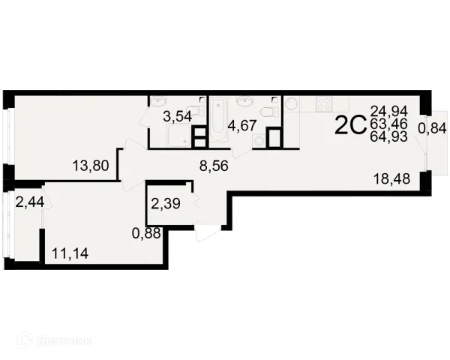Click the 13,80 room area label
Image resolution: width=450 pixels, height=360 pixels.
(91, 166)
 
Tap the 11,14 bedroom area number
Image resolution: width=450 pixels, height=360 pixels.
(70, 253)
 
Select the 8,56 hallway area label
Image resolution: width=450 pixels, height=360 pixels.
(214, 166)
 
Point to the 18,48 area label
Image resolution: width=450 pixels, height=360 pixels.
(392, 178)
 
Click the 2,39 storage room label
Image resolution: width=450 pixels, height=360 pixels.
(166, 203)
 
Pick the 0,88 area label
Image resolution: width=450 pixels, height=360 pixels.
(146, 233)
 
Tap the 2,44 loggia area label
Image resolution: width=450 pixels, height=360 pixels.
(30, 202)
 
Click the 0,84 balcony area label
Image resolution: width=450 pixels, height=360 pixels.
(432, 128)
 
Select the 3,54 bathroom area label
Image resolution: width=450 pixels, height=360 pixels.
(177, 117)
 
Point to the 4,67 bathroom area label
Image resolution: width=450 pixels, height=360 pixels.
(242, 126)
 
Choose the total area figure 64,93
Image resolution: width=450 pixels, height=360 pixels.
(389, 136)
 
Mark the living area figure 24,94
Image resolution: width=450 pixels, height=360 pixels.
(389, 111)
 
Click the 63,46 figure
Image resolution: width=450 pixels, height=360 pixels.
(389, 124)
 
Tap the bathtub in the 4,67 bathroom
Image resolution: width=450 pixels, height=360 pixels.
(218, 118)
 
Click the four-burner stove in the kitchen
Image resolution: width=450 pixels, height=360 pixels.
(324, 104)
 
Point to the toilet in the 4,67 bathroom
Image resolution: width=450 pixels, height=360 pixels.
(270, 111)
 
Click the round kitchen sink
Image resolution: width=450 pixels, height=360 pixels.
(292, 103)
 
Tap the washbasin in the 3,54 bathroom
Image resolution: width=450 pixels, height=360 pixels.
(158, 101)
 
